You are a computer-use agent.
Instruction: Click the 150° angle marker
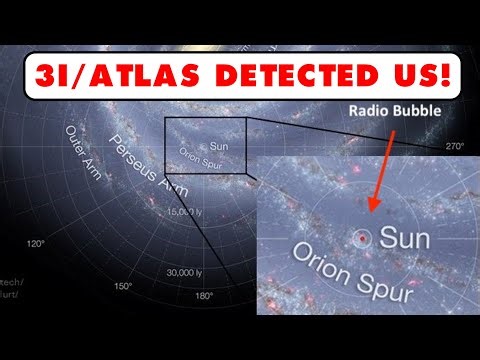coord(121,286)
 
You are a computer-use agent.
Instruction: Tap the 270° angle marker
coord(456,145)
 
